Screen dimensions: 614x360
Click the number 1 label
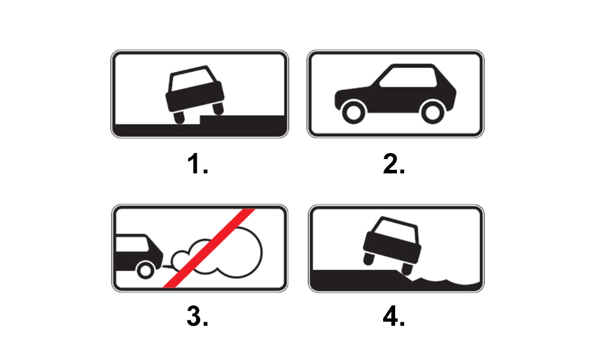click(x=197, y=163)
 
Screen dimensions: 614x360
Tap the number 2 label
click(x=393, y=163)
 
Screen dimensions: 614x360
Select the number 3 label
click(x=197, y=316)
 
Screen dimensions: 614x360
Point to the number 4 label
click(x=393, y=316)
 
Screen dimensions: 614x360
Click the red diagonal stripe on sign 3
click(x=209, y=248)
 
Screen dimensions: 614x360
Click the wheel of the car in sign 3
click(x=145, y=270)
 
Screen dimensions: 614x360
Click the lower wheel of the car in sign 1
click(x=179, y=117)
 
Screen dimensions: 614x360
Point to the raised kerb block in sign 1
click(x=242, y=120)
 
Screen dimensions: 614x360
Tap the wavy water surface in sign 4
click(x=446, y=280)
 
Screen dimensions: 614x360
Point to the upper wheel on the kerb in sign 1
click(x=218, y=109)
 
